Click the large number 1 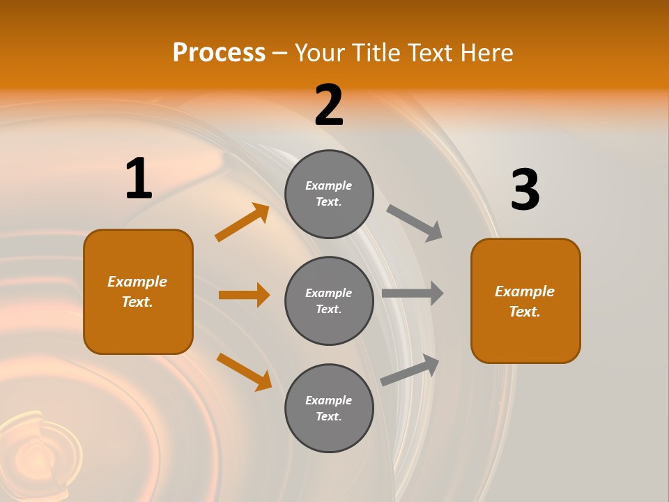click(138, 179)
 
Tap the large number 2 click(329, 106)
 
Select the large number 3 click(525, 190)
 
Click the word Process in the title click(219, 52)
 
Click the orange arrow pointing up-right click(243, 222)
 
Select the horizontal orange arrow click(244, 295)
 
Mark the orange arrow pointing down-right click(245, 372)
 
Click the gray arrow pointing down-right click(415, 222)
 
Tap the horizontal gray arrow click(413, 294)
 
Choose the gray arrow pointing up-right click(410, 370)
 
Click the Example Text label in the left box click(137, 291)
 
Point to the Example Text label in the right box click(525, 301)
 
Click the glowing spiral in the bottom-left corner click(35, 453)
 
